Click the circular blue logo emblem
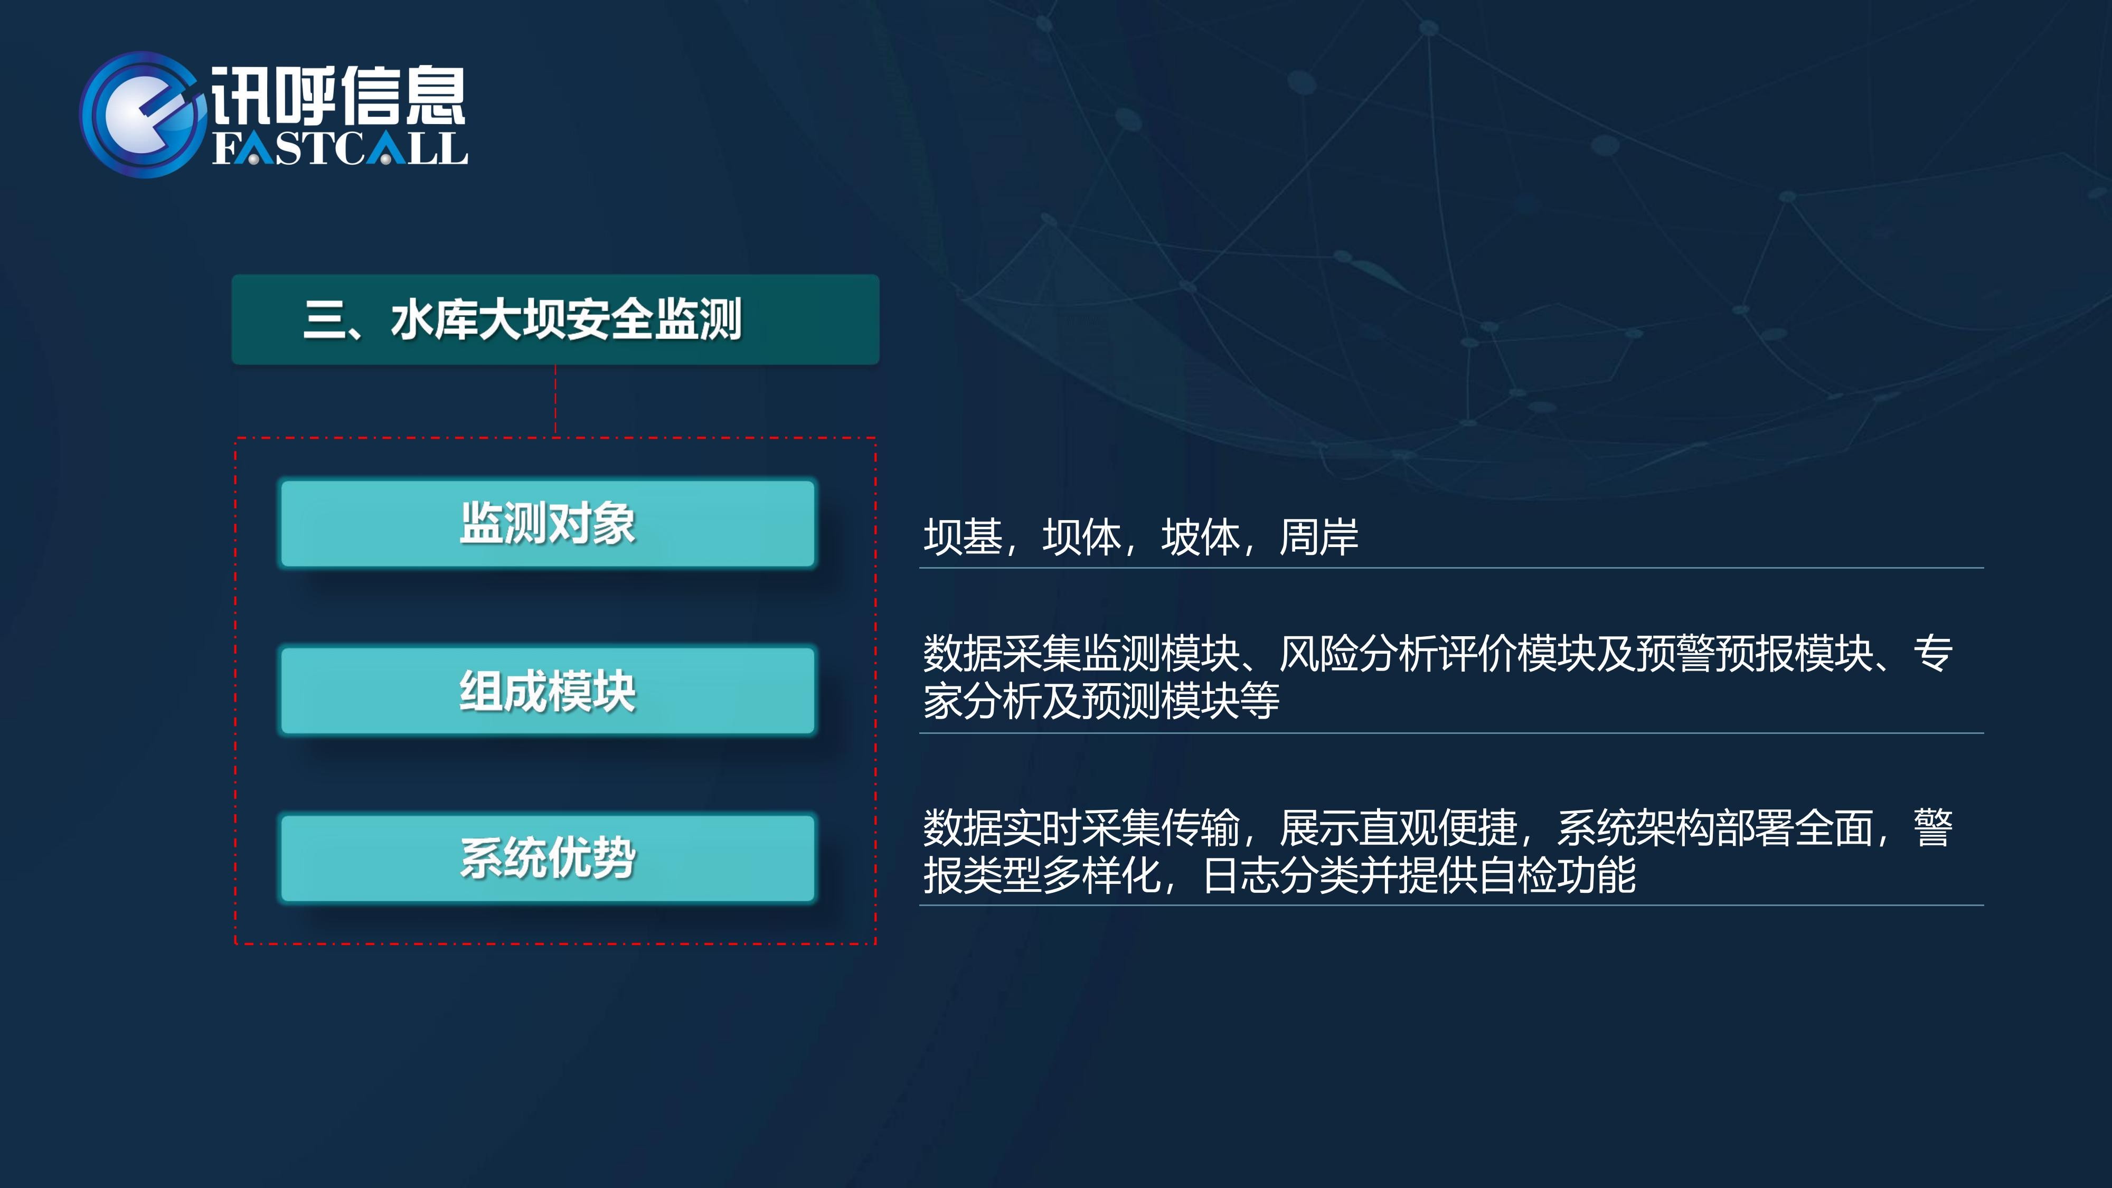pyautogui.click(x=141, y=115)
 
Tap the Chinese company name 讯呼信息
pyautogui.click(x=338, y=95)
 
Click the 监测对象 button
pyautogui.click(x=548, y=523)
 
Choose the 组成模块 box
pyautogui.click(x=548, y=690)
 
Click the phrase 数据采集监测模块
pyautogui.click(x=1081, y=654)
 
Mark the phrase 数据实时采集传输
pyautogui.click(x=1081, y=828)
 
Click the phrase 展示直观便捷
pyautogui.click(x=1398, y=828)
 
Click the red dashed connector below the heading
pyautogui.click(x=556, y=401)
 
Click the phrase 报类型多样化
pyautogui.click(x=1041, y=875)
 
